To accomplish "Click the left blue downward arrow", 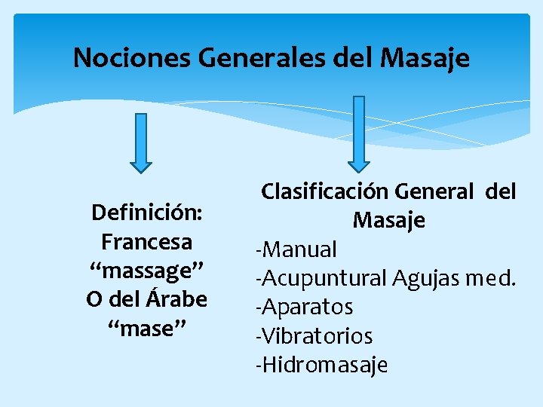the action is click(140, 142).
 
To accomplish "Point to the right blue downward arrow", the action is click(359, 133).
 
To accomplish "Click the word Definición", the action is click(146, 213).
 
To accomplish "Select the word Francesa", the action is click(146, 243).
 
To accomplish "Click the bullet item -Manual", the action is click(296, 249).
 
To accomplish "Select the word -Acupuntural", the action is click(322, 278).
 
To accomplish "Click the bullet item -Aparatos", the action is click(305, 308).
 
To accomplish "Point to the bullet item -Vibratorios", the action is click(314, 336).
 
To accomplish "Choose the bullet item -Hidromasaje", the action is click(322, 366).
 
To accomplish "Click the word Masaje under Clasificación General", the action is click(388, 221).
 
